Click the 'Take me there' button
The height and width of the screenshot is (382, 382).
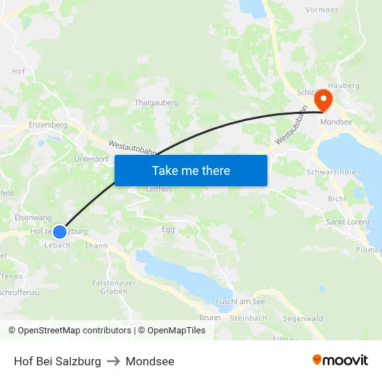click(191, 170)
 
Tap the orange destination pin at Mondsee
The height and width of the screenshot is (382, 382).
click(324, 99)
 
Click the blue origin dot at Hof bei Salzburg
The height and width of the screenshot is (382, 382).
click(60, 231)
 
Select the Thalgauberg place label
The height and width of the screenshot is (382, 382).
click(156, 103)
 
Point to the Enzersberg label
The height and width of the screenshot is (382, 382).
click(48, 125)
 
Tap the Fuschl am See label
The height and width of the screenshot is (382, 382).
click(240, 301)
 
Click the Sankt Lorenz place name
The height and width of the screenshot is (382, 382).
click(348, 222)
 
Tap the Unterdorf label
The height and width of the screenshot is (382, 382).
click(91, 159)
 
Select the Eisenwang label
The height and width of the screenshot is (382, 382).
click(33, 217)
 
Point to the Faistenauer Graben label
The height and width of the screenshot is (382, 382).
click(114, 288)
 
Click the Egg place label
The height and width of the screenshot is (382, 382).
click(169, 229)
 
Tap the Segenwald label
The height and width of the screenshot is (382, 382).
click(303, 319)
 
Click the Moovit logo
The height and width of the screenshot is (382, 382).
click(340, 360)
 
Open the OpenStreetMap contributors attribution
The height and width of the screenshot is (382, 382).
click(69, 331)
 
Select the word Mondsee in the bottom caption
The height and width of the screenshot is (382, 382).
click(151, 361)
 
